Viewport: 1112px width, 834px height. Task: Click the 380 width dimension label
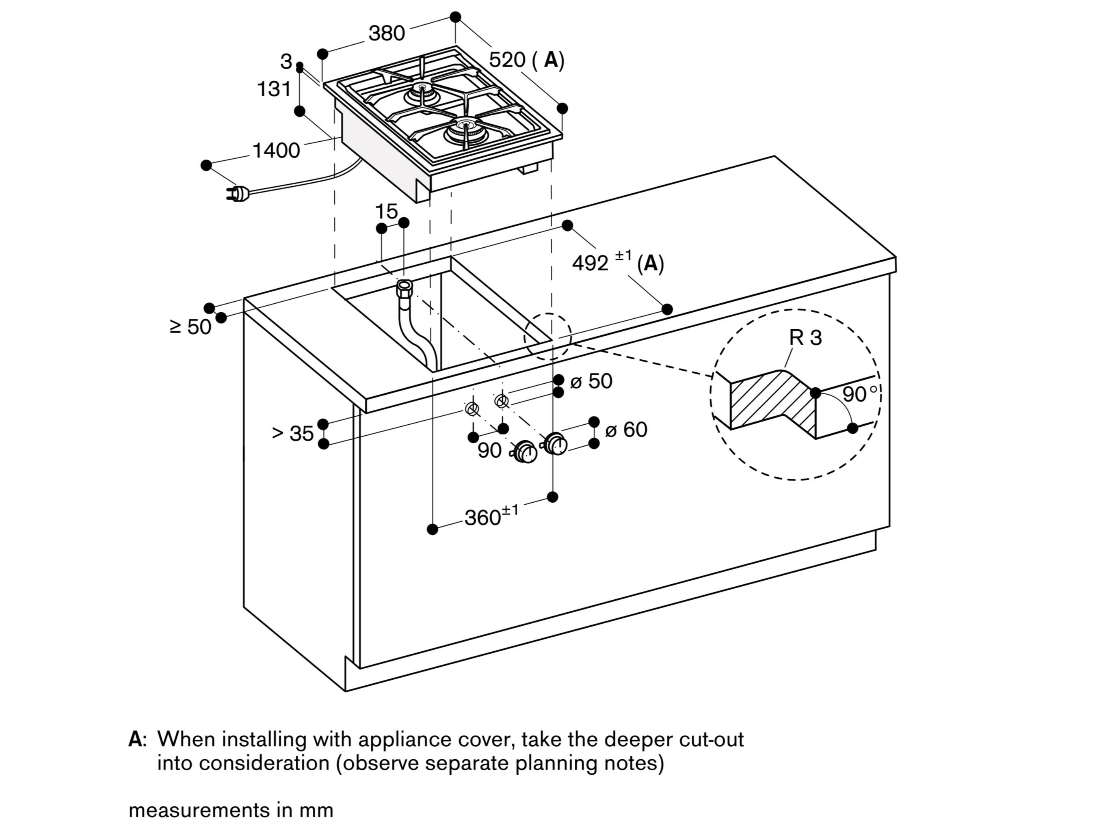click(x=386, y=33)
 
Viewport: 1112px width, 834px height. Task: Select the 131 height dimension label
click(x=274, y=89)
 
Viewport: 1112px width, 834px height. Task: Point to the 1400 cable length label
click(x=276, y=150)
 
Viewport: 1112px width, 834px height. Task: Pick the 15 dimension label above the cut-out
click(x=386, y=211)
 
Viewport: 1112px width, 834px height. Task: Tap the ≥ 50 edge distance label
click(x=190, y=327)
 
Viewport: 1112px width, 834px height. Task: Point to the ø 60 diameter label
click(x=626, y=430)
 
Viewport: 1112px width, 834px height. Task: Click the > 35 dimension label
click(x=292, y=433)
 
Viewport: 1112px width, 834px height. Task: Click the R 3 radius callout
click(x=805, y=337)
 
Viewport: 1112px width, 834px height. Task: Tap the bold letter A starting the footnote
click(x=135, y=739)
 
